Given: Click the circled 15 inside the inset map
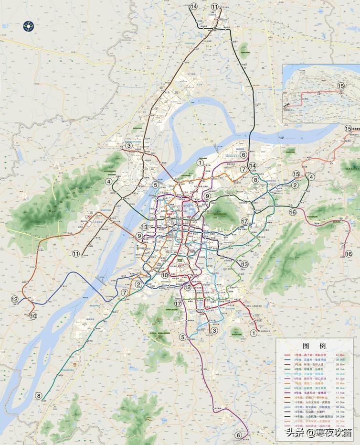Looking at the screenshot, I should tap(341, 86).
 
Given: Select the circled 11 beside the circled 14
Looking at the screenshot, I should tap(215, 7).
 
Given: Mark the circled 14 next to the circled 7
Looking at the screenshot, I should tap(253, 166).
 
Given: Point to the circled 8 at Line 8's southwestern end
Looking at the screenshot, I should tap(39, 395).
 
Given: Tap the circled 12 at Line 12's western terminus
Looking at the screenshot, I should tap(14, 299).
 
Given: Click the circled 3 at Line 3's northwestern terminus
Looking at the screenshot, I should tap(128, 145).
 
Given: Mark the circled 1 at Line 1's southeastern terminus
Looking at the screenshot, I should tap(253, 339).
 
